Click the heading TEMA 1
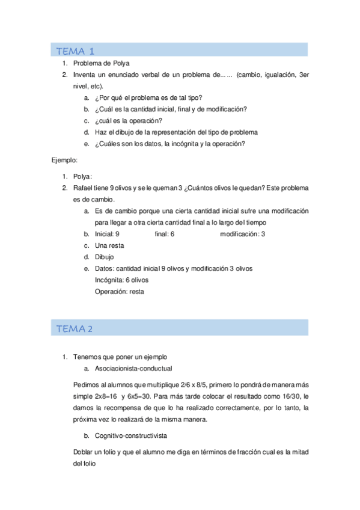(75, 51)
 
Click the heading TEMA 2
(74, 328)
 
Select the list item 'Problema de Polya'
(101, 63)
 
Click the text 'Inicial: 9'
(107, 234)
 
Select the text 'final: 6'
(164, 234)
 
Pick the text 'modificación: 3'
(242, 234)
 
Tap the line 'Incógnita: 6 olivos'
(121, 280)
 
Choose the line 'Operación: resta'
(119, 291)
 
